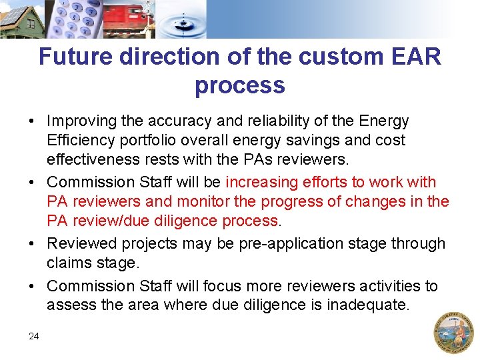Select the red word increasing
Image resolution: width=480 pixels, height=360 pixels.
pos(263,182)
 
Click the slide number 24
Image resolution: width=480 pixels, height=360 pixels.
pos(34,336)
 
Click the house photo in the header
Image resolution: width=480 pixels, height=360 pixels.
pos(22,19)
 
